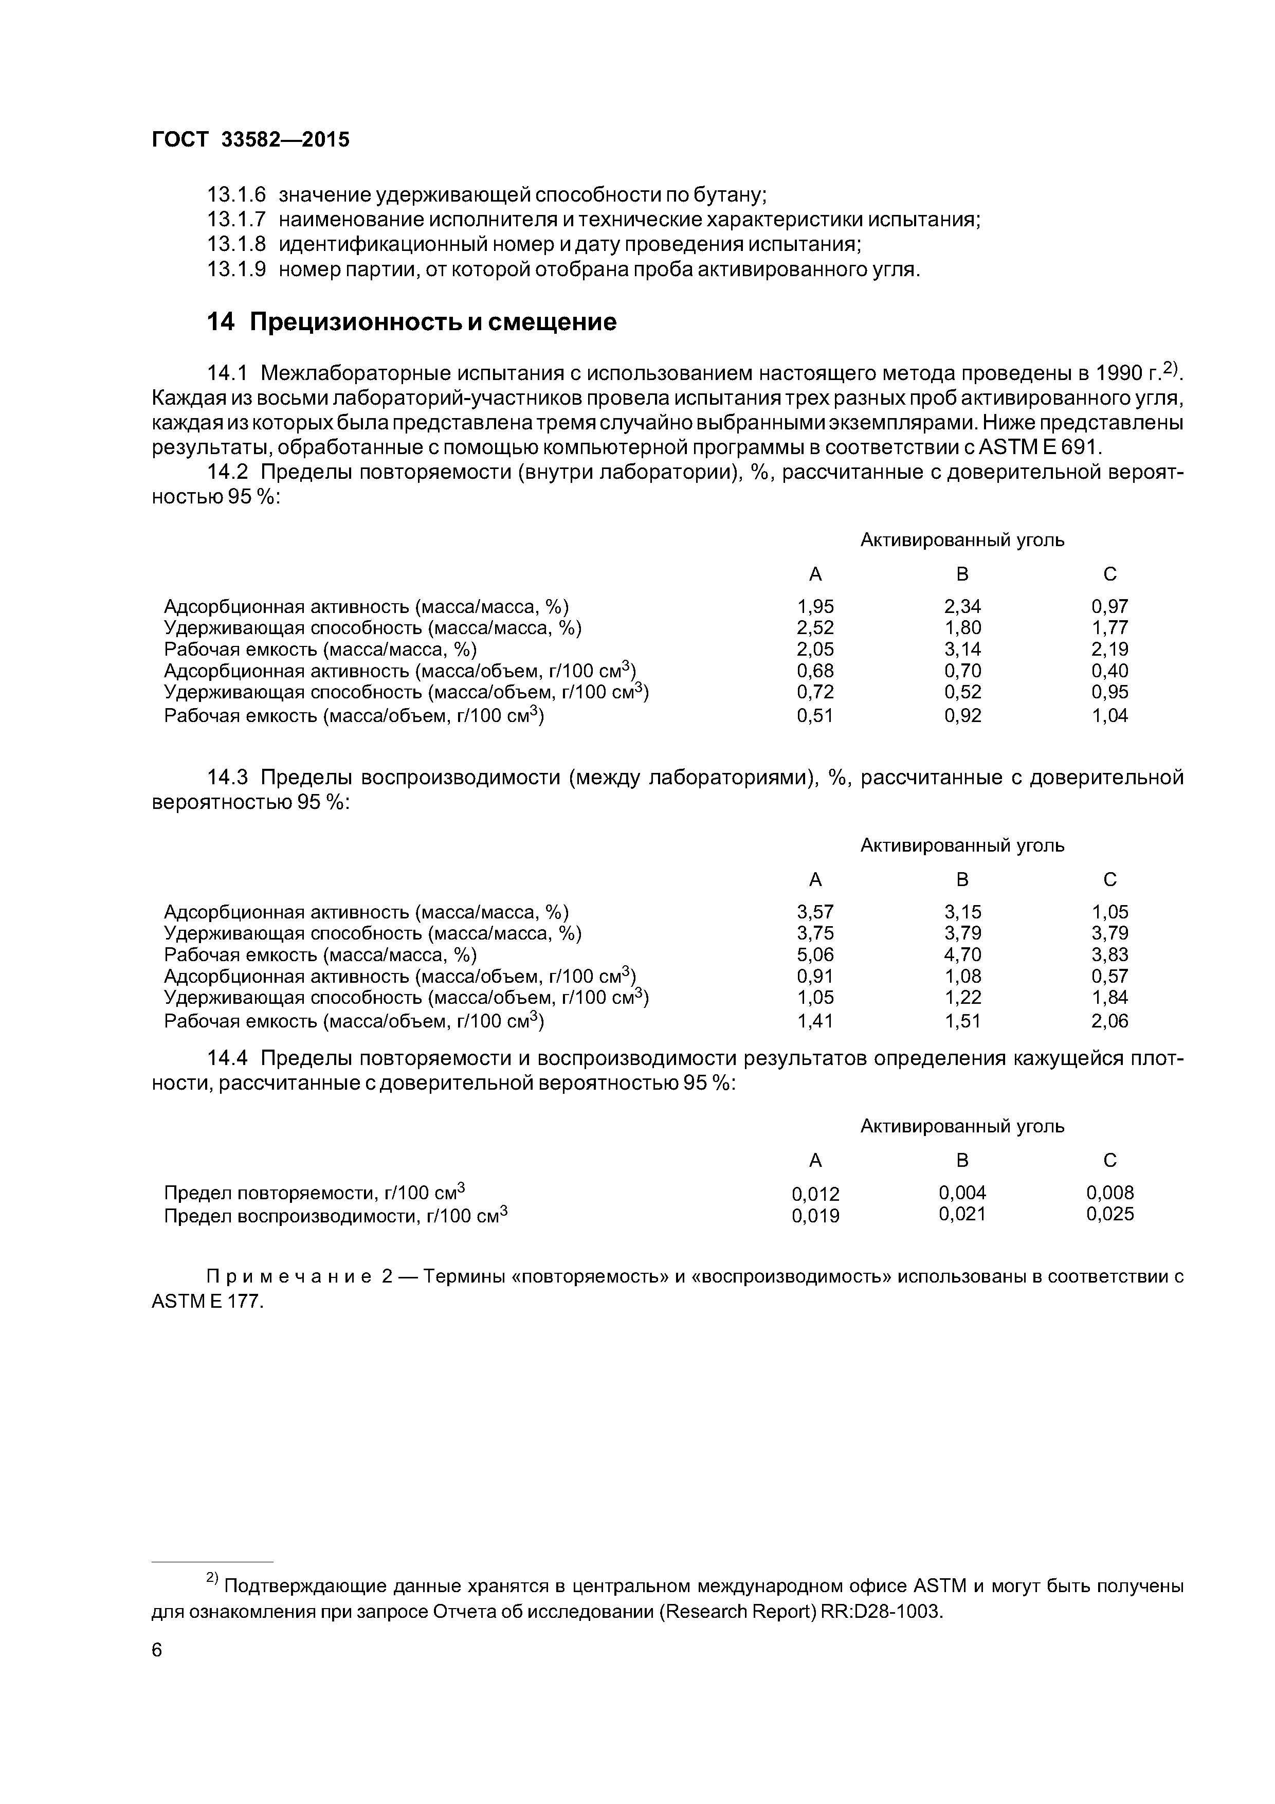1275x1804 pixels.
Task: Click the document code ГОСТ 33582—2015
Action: [250, 140]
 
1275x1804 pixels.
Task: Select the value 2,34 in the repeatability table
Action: [962, 607]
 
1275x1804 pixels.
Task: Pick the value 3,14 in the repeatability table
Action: [962, 649]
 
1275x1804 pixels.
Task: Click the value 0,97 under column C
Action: [1109, 607]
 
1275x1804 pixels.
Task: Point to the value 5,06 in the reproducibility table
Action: [815, 954]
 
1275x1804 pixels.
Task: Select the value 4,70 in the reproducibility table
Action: [962, 954]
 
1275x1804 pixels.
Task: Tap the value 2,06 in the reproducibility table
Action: [1109, 1021]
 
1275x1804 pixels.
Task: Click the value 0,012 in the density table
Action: [815, 1194]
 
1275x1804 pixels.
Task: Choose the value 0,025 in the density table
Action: [1109, 1215]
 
